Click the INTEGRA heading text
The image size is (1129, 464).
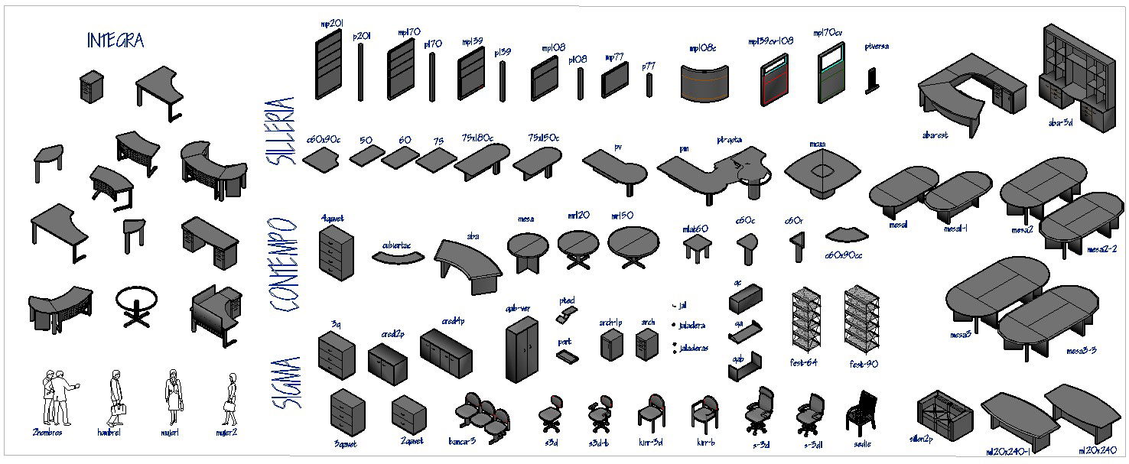click(x=116, y=41)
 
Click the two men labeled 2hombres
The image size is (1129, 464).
click(x=58, y=397)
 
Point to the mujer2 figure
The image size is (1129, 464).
click(x=229, y=397)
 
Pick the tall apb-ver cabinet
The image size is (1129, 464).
click(x=522, y=349)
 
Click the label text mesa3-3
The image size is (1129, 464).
click(x=1081, y=351)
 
